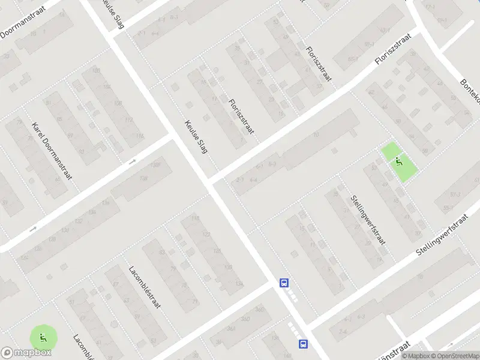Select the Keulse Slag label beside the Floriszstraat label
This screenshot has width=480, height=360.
click(196, 136)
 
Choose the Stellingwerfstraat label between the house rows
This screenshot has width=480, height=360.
click(368, 219)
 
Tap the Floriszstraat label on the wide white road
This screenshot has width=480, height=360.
click(395, 50)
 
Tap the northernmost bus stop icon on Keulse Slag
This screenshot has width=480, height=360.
click(284, 283)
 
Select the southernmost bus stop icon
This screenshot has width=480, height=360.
click(303, 344)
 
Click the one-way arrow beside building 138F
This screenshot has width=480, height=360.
click(133, 161)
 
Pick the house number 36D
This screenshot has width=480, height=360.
click(259, 310)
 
